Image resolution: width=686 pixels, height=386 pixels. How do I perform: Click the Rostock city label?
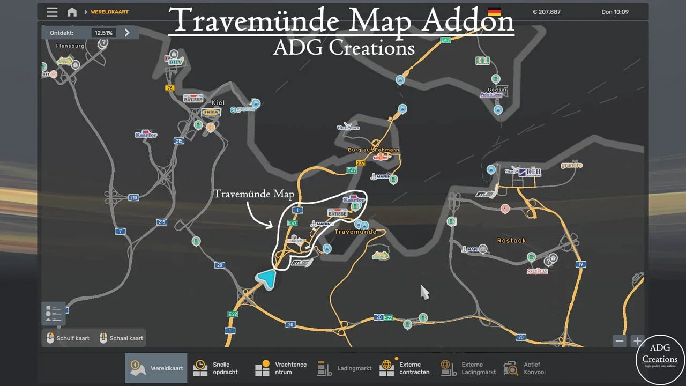(x=511, y=241)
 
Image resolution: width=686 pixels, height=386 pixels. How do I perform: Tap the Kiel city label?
(x=218, y=102)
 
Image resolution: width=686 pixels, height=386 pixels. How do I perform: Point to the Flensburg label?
(x=70, y=46)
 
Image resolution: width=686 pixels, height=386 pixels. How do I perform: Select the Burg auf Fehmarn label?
(x=373, y=150)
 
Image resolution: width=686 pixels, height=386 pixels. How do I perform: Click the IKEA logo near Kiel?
(x=211, y=112)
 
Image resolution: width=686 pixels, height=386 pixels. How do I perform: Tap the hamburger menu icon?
(x=52, y=12)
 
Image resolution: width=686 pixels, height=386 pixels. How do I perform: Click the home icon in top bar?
(x=72, y=12)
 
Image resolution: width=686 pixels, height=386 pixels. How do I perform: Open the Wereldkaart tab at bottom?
(x=156, y=368)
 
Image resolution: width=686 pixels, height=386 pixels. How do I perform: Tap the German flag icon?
(x=494, y=12)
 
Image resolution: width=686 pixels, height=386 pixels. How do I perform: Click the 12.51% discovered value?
(x=103, y=33)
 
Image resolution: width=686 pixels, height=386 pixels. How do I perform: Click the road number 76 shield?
(x=170, y=88)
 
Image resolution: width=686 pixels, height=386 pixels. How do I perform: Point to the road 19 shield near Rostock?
(x=580, y=264)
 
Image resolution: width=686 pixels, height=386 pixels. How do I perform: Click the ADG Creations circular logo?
(x=660, y=359)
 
